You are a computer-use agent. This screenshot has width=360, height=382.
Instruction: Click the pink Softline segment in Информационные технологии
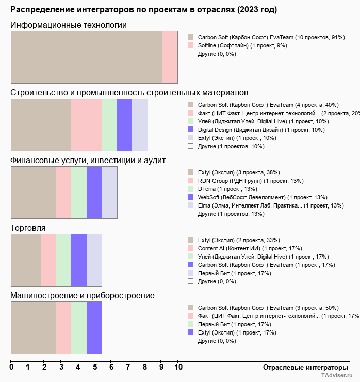pos(170,57)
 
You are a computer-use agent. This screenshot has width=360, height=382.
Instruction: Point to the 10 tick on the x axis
pos(178,367)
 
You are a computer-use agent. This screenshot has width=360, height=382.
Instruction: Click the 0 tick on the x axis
pos(11,367)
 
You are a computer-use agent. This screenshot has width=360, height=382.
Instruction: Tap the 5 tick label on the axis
pos(94,367)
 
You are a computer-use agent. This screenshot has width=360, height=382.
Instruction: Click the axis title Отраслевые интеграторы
pos(302,367)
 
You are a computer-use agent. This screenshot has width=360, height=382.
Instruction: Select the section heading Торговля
pos(28,228)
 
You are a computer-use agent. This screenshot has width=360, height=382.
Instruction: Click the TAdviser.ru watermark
pos(337,376)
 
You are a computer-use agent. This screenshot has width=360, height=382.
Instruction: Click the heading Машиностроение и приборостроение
pos(82,296)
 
